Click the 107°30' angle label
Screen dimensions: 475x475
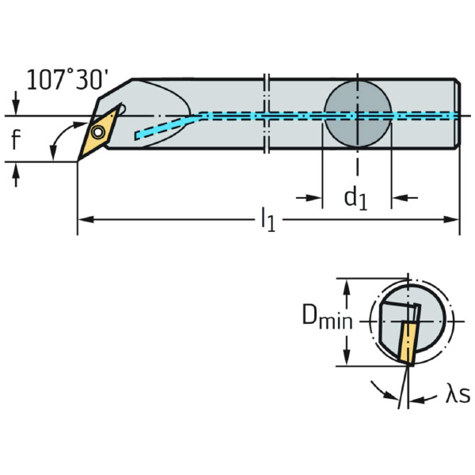click(x=67, y=80)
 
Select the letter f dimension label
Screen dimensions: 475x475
click(x=16, y=139)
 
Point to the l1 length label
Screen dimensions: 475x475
click(x=268, y=219)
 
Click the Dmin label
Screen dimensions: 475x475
click(x=328, y=317)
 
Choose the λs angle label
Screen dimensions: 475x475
click(x=458, y=394)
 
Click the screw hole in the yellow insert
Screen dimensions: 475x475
click(x=97, y=132)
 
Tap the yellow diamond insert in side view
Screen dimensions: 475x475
click(x=97, y=134)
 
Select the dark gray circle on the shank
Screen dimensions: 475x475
click(x=358, y=113)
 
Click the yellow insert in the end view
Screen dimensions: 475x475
click(x=406, y=344)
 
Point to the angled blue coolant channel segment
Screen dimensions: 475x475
click(x=167, y=127)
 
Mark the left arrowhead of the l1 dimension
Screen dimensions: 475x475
click(x=85, y=219)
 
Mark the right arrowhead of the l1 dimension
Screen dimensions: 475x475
click(x=452, y=219)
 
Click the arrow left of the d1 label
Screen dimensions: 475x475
click(x=309, y=198)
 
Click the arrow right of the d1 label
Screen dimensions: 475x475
click(x=405, y=198)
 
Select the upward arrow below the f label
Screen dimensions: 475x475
click(x=16, y=175)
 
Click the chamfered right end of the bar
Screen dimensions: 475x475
click(x=458, y=113)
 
